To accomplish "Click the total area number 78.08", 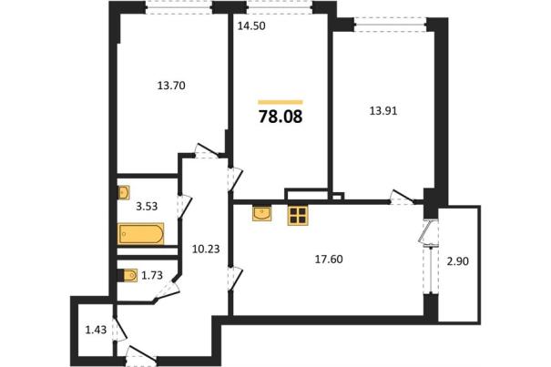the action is click(x=281, y=117).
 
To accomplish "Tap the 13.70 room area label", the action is click(x=171, y=86).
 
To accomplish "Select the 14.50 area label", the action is click(x=250, y=26).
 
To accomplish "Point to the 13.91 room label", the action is click(x=383, y=111).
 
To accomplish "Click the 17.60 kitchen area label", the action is click(x=329, y=260).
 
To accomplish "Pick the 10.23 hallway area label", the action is click(x=206, y=250).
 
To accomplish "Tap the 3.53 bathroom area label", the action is click(x=147, y=207).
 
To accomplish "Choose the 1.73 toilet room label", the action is click(x=152, y=275).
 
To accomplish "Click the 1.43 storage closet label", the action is click(x=96, y=330).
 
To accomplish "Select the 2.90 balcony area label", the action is click(x=457, y=261).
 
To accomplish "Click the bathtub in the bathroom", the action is click(x=141, y=233).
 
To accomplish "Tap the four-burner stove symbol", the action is click(x=298, y=216).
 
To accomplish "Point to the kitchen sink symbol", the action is click(x=261, y=214).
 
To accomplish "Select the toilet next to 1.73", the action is click(x=129, y=276).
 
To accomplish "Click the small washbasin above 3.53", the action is click(x=124, y=193).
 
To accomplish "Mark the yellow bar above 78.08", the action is click(x=281, y=102).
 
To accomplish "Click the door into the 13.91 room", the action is click(x=402, y=198).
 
